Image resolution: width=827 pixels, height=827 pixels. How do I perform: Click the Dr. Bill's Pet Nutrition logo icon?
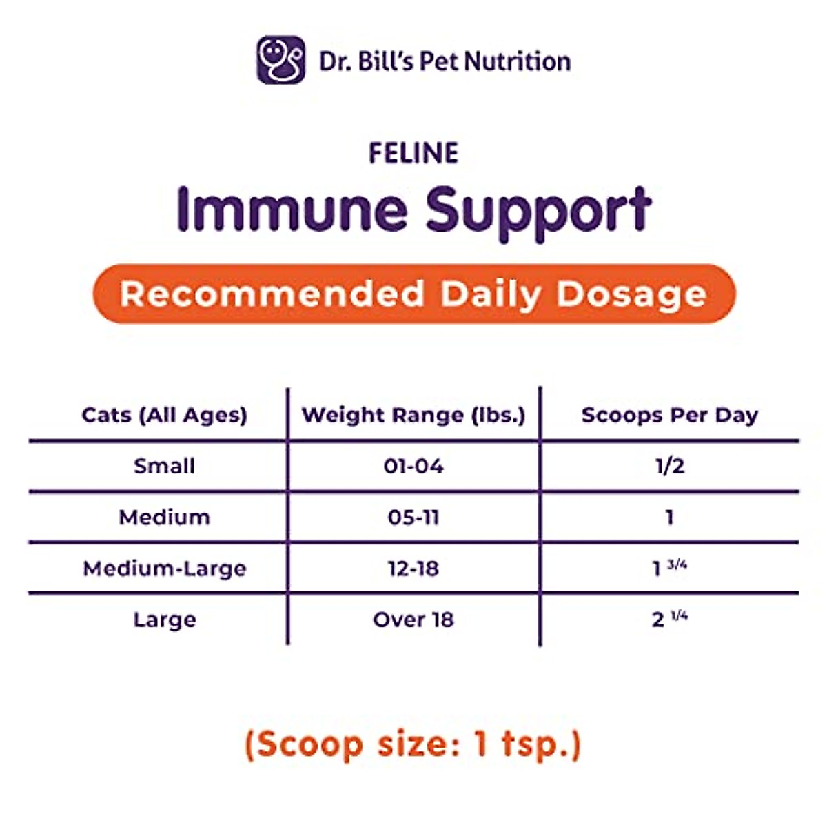coord(280,61)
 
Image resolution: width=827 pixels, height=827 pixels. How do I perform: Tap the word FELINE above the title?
coord(413,153)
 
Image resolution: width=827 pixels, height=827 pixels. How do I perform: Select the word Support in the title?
coord(538,211)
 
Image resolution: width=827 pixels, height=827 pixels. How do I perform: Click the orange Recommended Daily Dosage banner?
coord(413,294)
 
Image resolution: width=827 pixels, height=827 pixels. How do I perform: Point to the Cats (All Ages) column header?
coord(164,415)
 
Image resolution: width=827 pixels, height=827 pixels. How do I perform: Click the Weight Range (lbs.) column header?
coord(413,415)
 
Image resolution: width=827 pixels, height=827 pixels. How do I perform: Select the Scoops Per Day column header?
coord(670,415)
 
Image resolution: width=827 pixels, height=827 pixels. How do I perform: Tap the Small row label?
coord(164,467)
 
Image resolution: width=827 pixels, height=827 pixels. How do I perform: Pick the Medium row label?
coord(164,518)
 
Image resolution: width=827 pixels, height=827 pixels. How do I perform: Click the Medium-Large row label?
coord(164,569)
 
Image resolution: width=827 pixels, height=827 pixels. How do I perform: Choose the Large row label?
coord(164,620)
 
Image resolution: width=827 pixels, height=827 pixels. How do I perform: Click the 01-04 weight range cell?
coord(413,467)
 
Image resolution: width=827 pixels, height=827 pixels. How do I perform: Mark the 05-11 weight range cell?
coord(413,518)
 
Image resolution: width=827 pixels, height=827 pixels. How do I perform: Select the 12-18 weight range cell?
coord(413,569)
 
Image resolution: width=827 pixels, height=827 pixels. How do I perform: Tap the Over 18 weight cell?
coord(413,620)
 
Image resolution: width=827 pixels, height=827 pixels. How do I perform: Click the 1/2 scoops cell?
coord(670,467)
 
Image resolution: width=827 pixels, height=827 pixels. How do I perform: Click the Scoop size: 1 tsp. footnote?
coord(413,744)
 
